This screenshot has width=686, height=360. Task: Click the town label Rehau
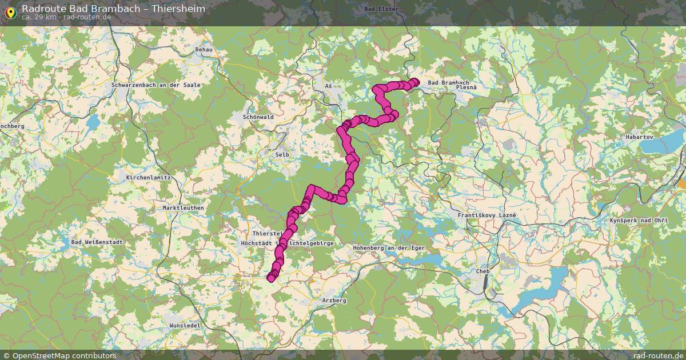[204, 50]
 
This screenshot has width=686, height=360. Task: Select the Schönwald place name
[258, 117]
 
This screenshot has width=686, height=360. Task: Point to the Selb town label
[282, 155]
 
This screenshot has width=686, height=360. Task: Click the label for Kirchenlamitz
[148, 178]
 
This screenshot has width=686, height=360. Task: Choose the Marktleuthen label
[183, 208]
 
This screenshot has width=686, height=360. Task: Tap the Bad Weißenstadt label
[97, 242]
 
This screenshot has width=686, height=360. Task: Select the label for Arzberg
[334, 300]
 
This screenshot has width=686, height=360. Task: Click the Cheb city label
[483, 271]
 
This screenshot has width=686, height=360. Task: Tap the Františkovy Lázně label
[487, 215]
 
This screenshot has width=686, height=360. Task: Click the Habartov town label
[639, 137]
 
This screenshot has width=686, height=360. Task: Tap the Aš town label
[328, 86]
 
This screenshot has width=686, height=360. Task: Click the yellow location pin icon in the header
[10, 11]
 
